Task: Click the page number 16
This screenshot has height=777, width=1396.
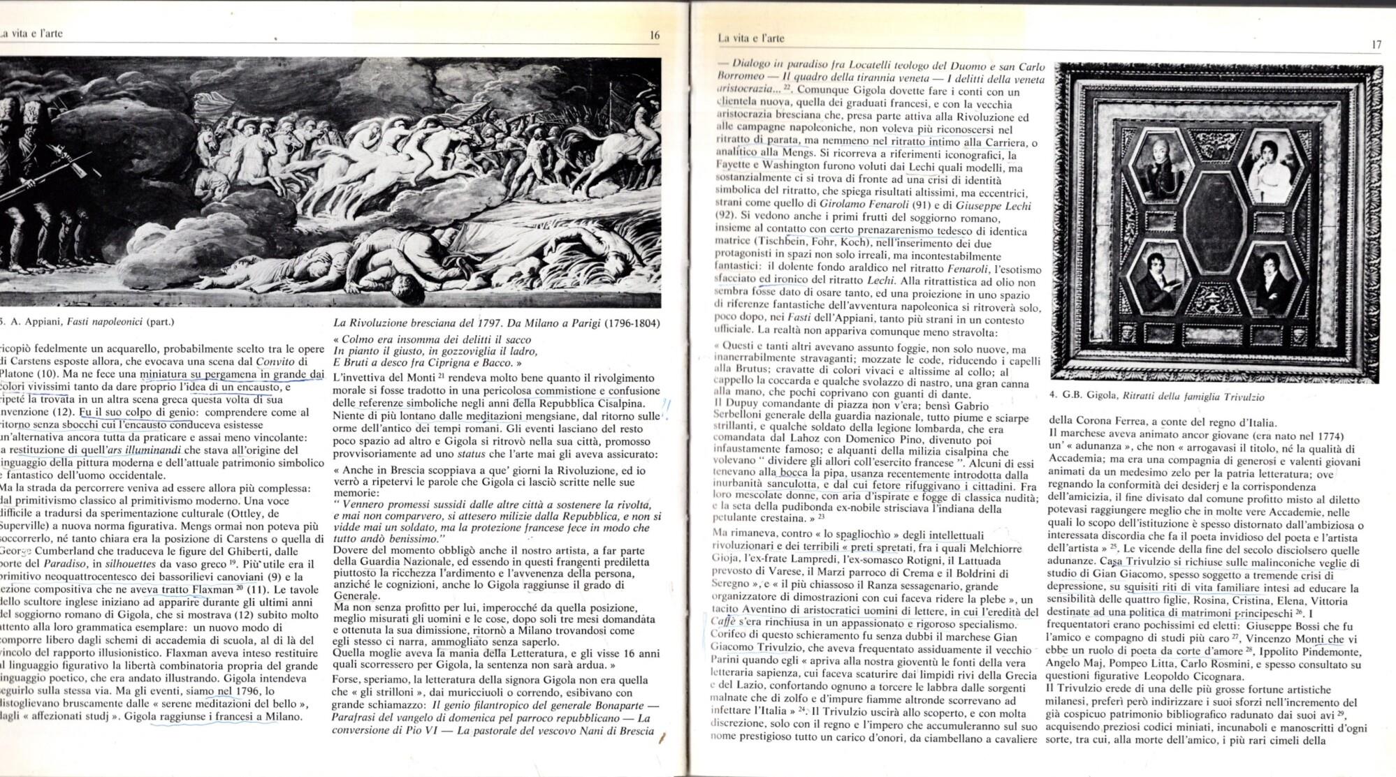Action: (654, 36)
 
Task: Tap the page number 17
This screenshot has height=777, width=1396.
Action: (1376, 45)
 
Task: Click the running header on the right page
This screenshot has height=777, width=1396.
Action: (750, 38)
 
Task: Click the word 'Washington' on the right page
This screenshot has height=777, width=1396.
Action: (792, 166)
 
